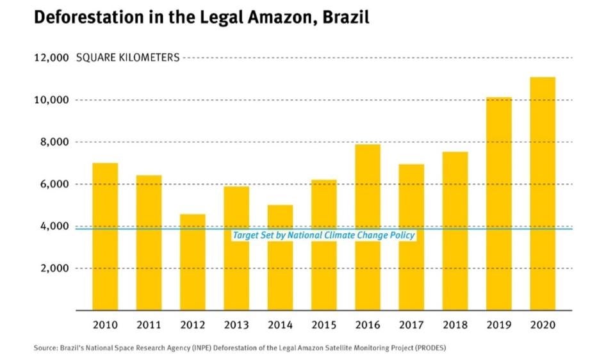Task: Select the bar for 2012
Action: pos(192,262)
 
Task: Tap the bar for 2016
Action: pos(367,227)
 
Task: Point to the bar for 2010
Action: pos(105,236)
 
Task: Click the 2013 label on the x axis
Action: pos(236,325)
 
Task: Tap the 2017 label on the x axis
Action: pos(411,325)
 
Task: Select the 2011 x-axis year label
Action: pos(149,325)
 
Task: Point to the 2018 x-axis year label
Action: pos(455,325)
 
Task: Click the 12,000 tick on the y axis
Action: pos(51,58)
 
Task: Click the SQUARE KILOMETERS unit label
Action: pos(128,58)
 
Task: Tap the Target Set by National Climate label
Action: pos(323,236)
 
